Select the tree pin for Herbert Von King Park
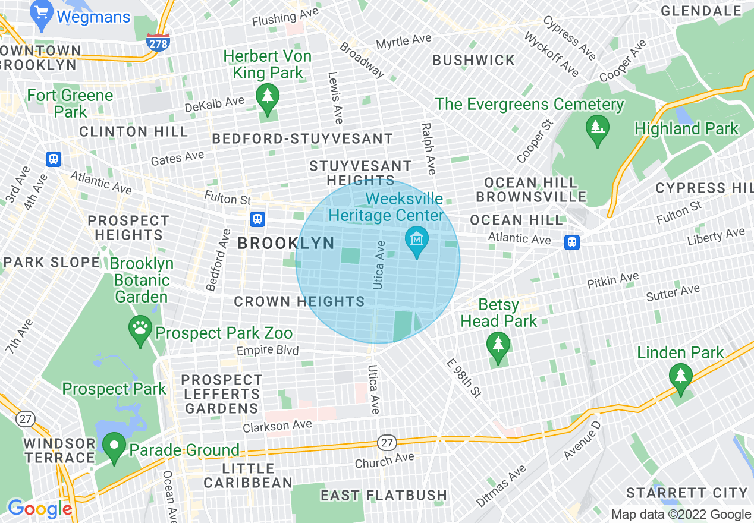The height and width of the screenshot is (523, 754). (x=267, y=99)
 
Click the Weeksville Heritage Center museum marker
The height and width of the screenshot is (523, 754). (x=417, y=241)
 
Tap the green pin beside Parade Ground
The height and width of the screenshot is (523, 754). (x=114, y=448)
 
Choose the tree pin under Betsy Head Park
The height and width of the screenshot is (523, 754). (x=498, y=346)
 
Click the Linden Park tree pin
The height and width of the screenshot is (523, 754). (x=680, y=378)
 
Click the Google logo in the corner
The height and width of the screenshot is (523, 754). (x=40, y=509)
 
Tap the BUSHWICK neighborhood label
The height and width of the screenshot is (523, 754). (x=474, y=60)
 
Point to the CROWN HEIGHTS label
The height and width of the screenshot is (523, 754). (x=299, y=302)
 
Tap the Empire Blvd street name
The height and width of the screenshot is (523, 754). (x=268, y=351)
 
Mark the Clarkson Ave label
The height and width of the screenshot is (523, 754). (x=277, y=426)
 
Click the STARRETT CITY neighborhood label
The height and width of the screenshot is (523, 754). (x=687, y=493)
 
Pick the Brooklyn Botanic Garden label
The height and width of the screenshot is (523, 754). (x=142, y=280)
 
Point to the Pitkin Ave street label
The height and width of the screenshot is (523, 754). (x=612, y=280)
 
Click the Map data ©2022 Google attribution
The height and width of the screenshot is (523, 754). (x=681, y=515)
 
